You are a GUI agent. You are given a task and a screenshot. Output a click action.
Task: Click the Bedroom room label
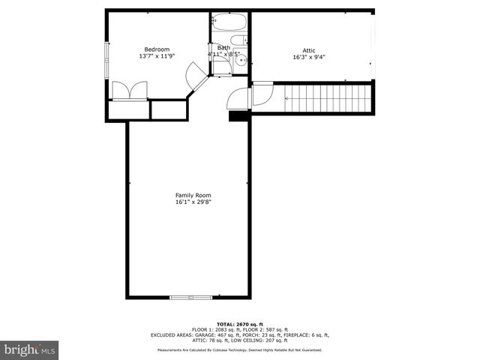(x=156, y=49)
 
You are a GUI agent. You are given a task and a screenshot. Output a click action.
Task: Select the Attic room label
(x=309, y=50)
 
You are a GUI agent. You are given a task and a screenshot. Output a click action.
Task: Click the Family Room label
(x=189, y=194)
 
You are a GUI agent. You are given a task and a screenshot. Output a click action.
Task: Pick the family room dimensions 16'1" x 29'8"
(x=189, y=202)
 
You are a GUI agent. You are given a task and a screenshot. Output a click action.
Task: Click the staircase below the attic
(x=328, y=97)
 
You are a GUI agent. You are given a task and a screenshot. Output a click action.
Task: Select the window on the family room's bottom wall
(x=190, y=298)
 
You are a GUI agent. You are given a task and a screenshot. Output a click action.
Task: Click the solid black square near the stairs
(x=239, y=115)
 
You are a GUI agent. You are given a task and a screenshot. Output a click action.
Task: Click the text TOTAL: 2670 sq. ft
(x=239, y=324)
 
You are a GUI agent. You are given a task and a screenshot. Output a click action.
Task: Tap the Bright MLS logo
(x=29, y=349)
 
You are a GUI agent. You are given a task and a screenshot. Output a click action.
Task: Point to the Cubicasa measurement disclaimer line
(x=239, y=350)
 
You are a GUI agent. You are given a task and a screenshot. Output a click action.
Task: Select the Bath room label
(x=223, y=48)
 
